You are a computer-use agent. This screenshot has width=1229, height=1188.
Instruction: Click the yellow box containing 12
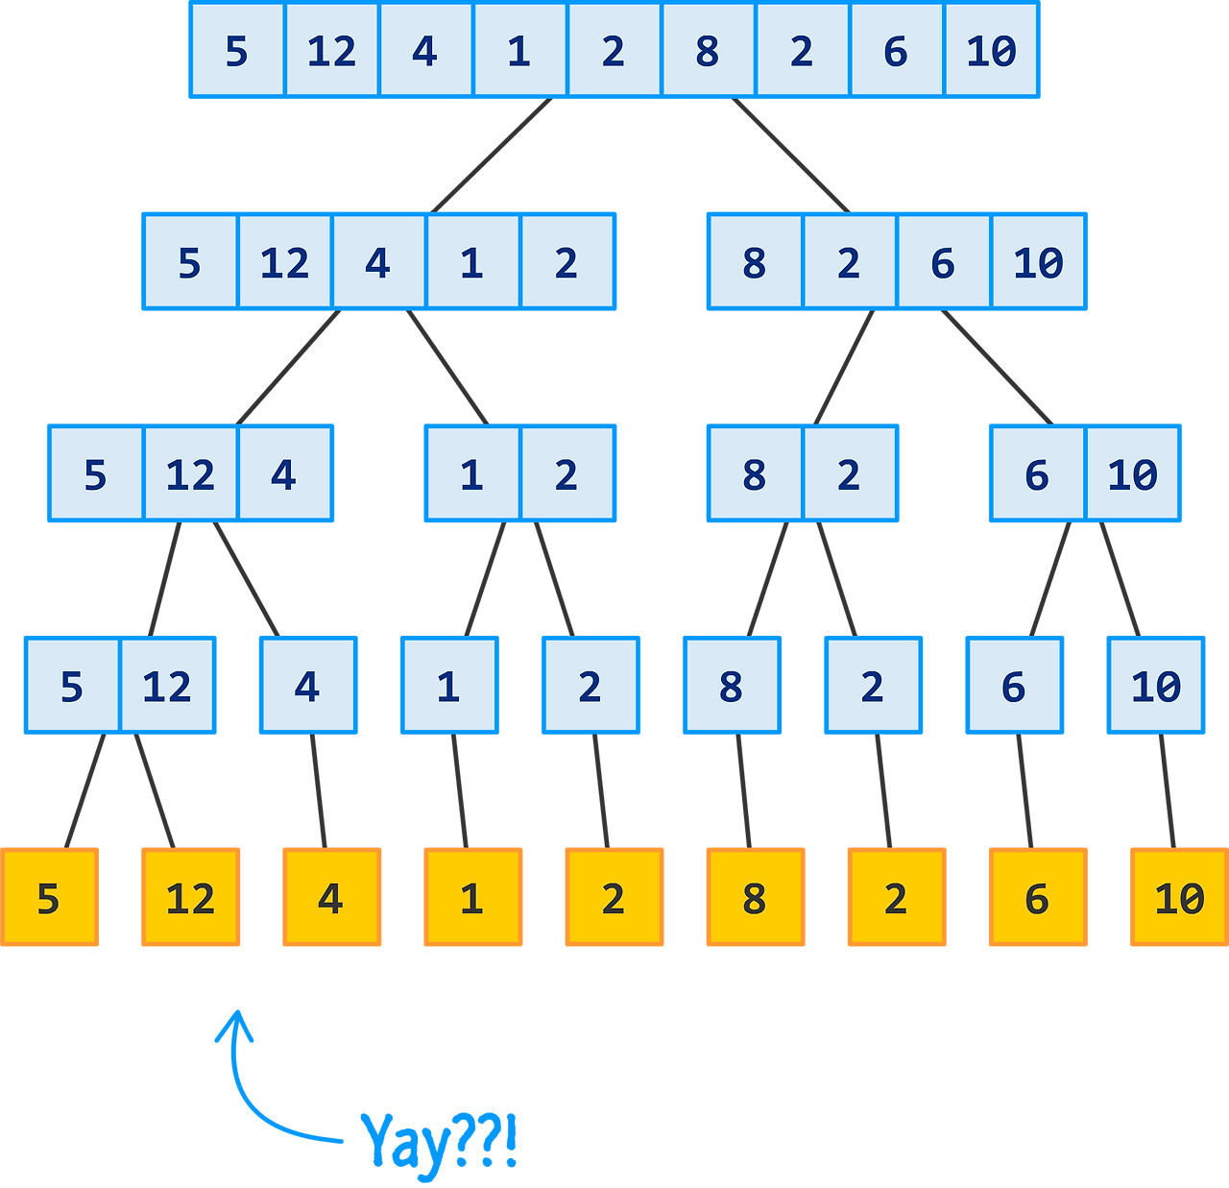(x=190, y=897)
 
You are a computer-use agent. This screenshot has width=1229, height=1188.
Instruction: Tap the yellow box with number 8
(x=755, y=897)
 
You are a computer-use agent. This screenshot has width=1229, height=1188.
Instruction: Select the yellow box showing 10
(x=1178, y=897)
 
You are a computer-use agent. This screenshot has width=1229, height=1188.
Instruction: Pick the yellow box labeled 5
(x=49, y=897)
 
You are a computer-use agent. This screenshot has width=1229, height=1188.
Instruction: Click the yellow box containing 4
(x=331, y=897)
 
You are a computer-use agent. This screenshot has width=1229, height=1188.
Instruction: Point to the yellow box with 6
(x=1037, y=897)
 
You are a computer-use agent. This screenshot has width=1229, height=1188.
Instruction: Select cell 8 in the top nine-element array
(x=708, y=50)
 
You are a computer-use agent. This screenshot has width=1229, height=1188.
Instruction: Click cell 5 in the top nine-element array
(x=236, y=50)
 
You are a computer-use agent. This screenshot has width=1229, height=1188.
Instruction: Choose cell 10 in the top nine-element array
(x=991, y=50)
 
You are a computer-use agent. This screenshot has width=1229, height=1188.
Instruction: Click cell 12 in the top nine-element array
(x=331, y=50)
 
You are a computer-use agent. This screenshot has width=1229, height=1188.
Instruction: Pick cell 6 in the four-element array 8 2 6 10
(x=943, y=262)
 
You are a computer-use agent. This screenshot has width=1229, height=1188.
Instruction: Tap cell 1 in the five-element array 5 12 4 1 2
(x=471, y=262)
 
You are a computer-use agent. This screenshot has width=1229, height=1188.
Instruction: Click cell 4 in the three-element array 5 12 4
(x=284, y=474)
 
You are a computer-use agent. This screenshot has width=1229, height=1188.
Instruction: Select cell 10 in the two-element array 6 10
(x=1132, y=474)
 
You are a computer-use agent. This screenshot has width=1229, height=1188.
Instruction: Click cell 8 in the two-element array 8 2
(x=755, y=474)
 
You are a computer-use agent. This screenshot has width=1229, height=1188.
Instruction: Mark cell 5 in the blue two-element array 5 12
(x=72, y=686)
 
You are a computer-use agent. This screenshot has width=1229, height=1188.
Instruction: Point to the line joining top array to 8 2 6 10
(x=789, y=155)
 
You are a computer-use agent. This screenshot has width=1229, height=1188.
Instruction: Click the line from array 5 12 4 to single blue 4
(x=246, y=579)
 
